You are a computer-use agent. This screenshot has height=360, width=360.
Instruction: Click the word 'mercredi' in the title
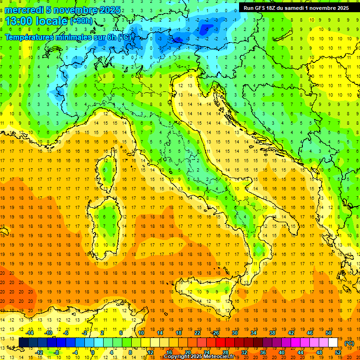pos(24,10)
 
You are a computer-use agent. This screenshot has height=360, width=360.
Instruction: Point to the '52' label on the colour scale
pos(338,352)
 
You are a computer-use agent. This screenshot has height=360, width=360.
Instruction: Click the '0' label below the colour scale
pos(93,352)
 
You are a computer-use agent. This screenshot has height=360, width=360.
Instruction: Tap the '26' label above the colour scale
pos(216,333)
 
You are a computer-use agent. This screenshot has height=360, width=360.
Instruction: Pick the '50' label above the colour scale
pos(329,333)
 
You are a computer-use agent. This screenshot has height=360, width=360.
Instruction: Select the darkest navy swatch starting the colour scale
pos(23,343)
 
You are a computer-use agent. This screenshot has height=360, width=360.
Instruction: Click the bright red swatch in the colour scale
pos(220,343)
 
